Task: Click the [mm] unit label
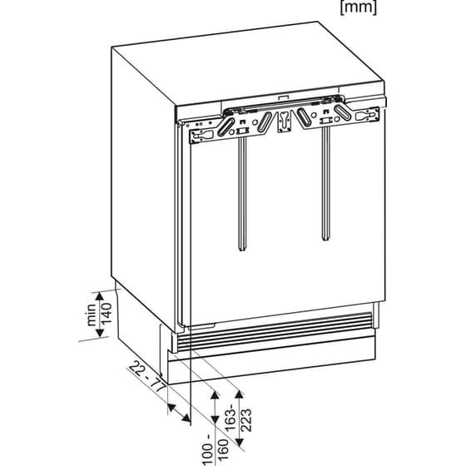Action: (x=359, y=9)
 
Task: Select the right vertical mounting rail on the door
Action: (x=322, y=196)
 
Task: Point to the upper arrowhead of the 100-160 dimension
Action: (x=215, y=391)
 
